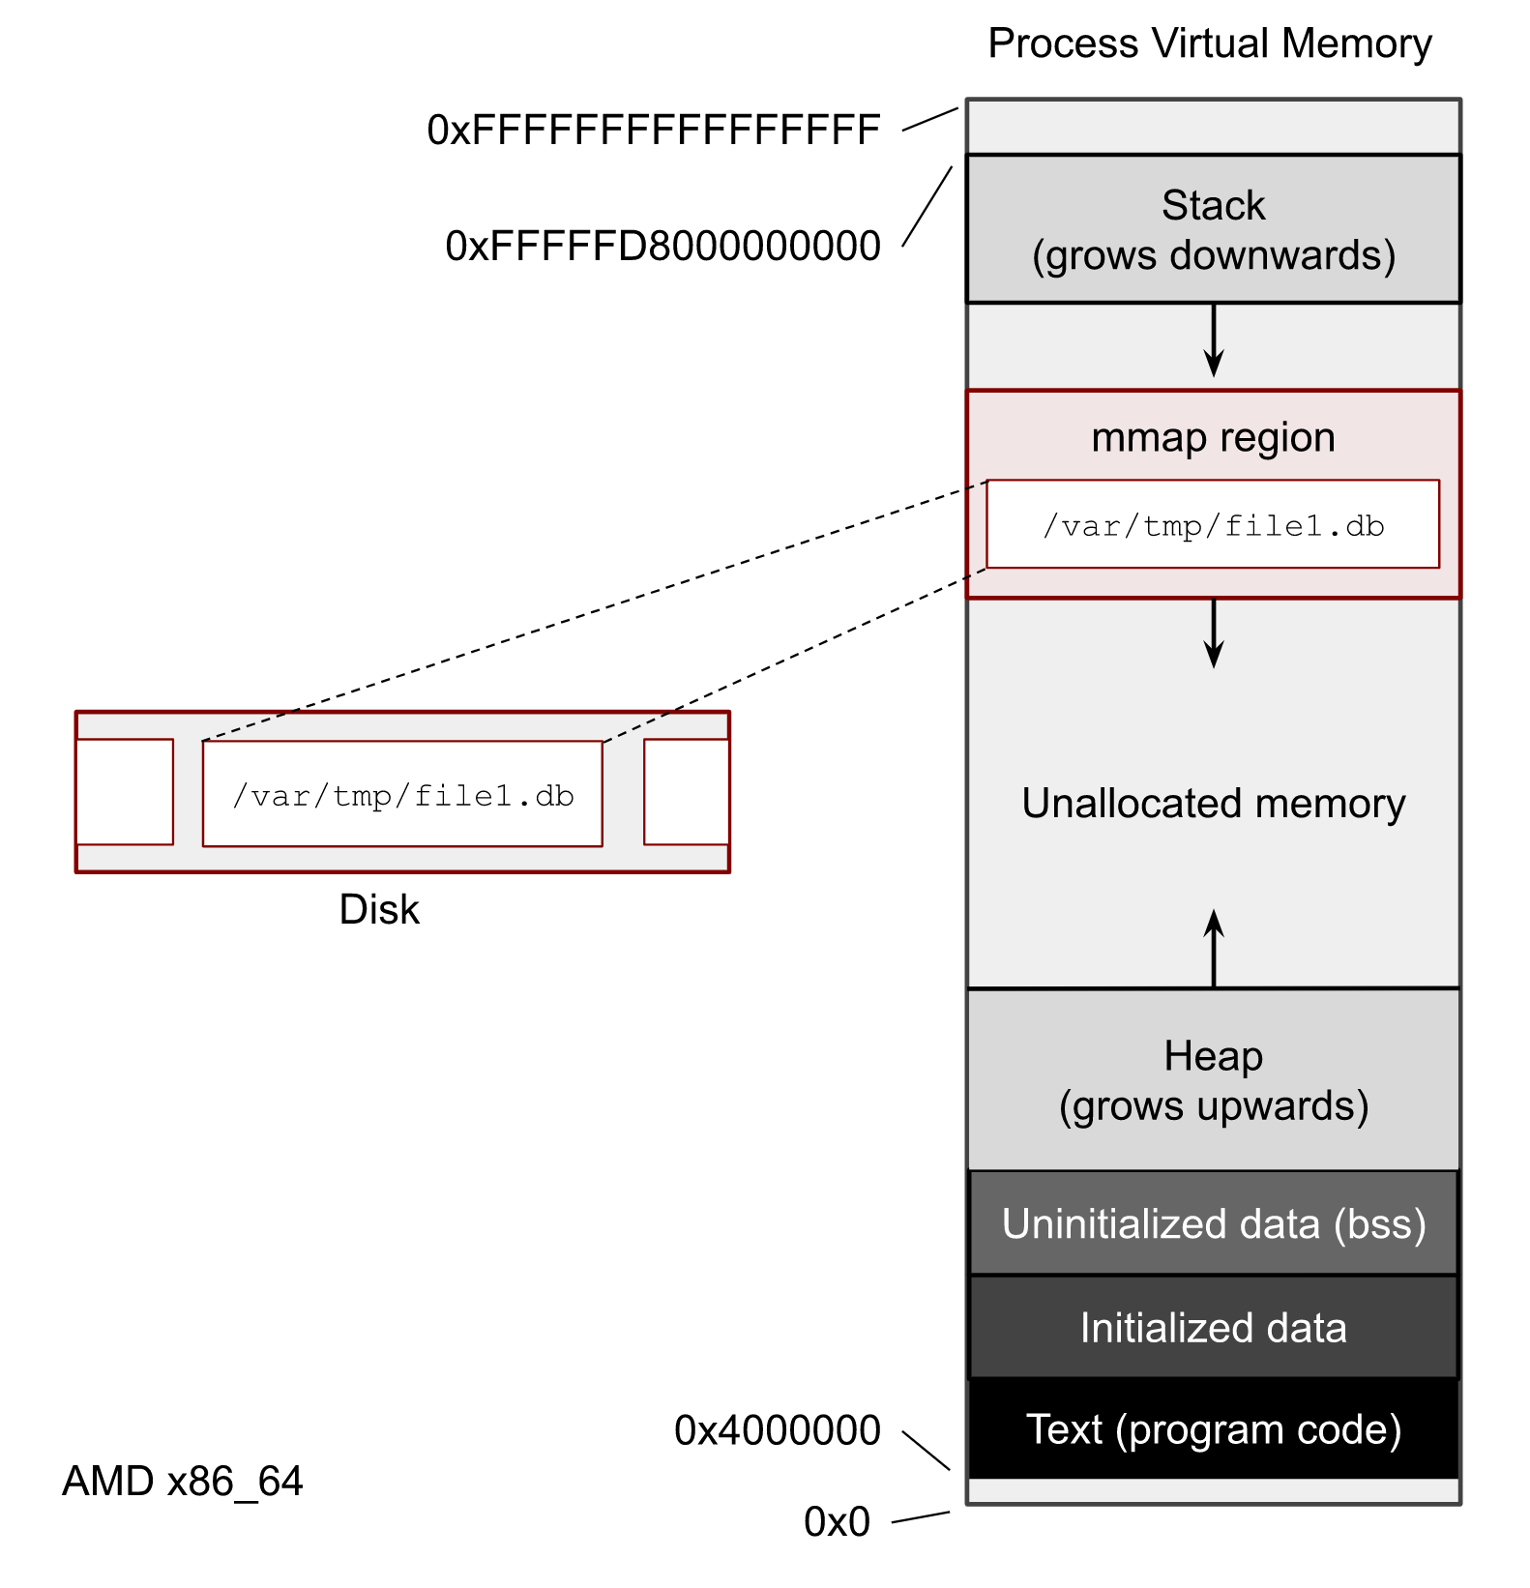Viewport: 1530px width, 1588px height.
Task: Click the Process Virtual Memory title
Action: [x=1209, y=44]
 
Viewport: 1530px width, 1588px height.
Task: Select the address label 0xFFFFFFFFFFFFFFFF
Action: [x=654, y=131]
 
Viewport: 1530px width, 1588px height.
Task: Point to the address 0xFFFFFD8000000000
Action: [x=662, y=247]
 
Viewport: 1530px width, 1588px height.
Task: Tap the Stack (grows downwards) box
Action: [x=1213, y=229]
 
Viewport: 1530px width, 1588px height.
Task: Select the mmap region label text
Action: [x=1213, y=438]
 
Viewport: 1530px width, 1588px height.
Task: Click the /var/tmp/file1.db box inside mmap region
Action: [x=1213, y=525]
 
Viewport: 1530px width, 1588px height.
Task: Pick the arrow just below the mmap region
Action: [x=1213, y=633]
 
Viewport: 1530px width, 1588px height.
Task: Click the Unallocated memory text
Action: [x=1213, y=804]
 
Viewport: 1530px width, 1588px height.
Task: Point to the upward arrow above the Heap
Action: [x=1213, y=948]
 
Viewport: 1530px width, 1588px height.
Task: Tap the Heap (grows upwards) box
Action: [x=1213, y=1080]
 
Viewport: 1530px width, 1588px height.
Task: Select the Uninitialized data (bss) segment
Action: [x=1213, y=1224]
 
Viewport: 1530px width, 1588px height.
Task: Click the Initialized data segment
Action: [x=1213, y=1328]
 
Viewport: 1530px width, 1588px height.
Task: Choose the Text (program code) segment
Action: [x=1213, y=1429]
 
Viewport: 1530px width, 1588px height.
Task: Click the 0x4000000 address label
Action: [x=777, y=1430]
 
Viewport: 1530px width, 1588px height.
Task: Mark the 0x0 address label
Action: [x=837, y=1522]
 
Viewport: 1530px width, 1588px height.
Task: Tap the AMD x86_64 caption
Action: [x=183, y=1482]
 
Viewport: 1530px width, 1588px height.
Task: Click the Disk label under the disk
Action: [x=379, y=910]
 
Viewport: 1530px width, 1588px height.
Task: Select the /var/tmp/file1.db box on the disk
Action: [x=402, y=795]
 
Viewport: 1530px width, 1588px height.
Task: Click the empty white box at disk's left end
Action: [x=125, y=792]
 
